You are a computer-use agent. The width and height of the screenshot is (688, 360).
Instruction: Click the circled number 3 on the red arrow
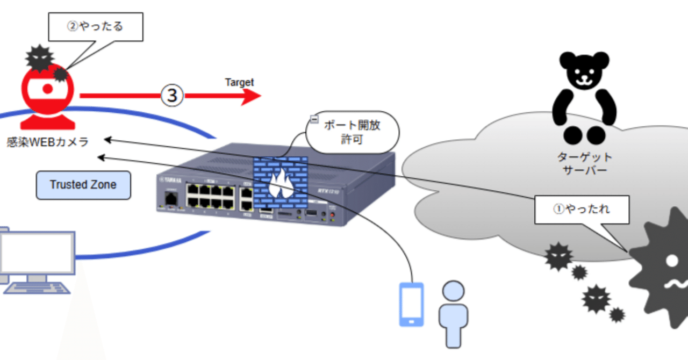(172, 96)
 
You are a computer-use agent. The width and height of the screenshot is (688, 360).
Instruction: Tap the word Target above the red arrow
(239, 82)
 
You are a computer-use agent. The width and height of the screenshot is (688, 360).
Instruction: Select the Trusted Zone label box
(83, 185)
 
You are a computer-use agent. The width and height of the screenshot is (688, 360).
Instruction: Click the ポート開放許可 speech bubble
(353, 133)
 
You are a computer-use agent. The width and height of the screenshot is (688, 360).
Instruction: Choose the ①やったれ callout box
(582, 209)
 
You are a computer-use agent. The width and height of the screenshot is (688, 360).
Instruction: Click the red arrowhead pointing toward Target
(249, 97)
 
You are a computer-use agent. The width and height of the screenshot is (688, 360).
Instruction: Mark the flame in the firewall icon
(281, 185)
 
